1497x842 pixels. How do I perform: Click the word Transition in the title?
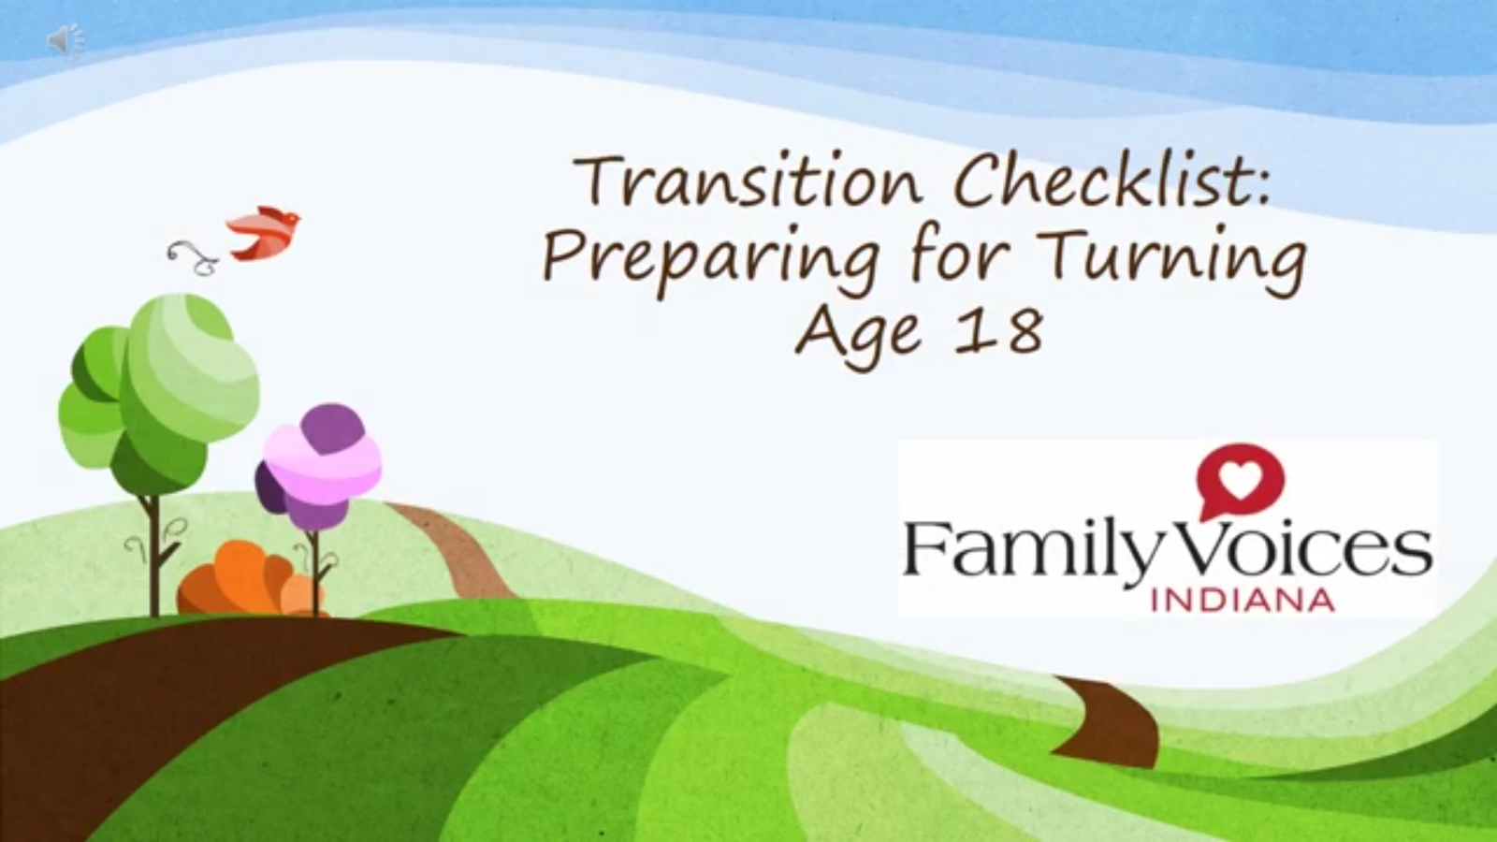pos(748,181)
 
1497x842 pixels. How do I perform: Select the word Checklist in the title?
pos(1112,181)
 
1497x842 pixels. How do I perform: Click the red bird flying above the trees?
pos(263,233)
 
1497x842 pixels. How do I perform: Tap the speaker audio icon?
pos(65,41)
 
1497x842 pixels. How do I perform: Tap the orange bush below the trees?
pos(247,580)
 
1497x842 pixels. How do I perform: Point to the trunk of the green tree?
pos(154,555)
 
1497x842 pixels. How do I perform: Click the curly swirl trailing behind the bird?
pos(192,258)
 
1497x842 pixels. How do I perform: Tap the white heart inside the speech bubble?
pos(1241,477)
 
